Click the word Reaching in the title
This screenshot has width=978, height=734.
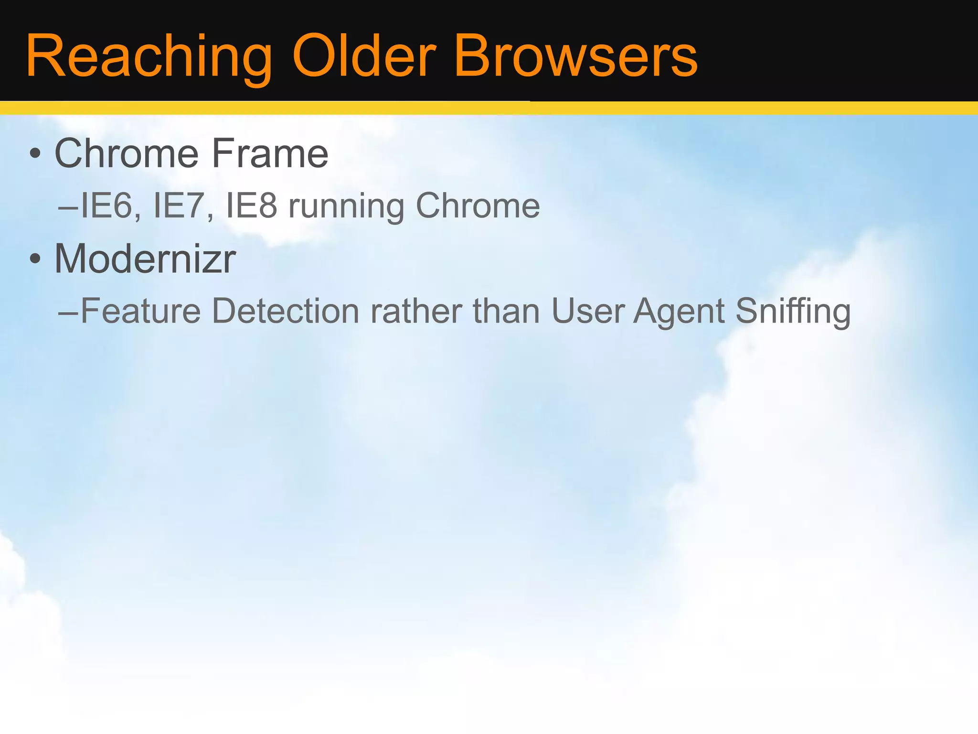[148, 56]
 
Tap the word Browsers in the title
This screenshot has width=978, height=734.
[576, 56]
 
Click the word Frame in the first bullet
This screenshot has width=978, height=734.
[270, 153]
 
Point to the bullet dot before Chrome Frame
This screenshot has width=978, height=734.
[34, 154]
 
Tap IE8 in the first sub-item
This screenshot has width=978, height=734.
[251, 206]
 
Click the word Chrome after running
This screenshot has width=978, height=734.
[478, 206]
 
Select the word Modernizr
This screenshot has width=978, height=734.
[145, 259]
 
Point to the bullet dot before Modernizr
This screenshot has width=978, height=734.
[34, 259]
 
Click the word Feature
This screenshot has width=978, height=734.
[141, 311]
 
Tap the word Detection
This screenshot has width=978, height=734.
[285, 311]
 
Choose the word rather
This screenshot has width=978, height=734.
[416, 311]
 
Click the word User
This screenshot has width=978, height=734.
[588, 311]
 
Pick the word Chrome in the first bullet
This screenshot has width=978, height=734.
[127, 153]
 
